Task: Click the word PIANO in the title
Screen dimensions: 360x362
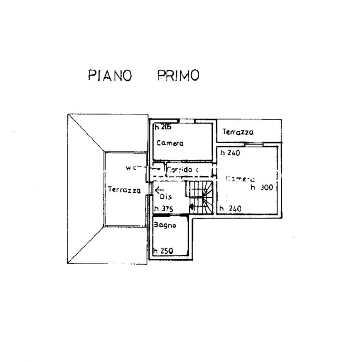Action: pos(109,75)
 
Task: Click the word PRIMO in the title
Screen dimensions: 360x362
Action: pos(178,75)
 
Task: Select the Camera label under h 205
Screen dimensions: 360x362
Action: pos(170,143)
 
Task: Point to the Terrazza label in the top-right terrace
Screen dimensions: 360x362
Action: pos(237,133)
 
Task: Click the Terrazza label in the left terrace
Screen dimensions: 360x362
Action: pos(124,191)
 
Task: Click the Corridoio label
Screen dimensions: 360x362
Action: pos(183,170)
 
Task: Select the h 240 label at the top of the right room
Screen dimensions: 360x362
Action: pos(230,153)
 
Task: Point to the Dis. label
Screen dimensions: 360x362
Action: pos(167,197)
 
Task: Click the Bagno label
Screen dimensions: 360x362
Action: pos(164,225)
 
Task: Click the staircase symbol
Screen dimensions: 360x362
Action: pos(201,196)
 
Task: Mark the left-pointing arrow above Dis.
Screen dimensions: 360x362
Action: pos(159,190)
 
